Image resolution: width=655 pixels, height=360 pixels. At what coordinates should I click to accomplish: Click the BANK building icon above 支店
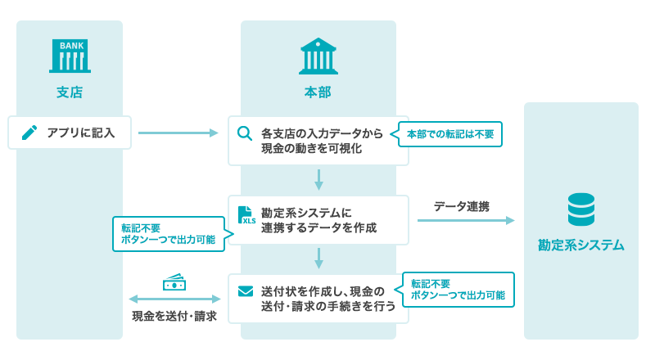point(70,55)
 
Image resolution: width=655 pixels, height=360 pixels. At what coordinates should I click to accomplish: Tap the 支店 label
point(70,92)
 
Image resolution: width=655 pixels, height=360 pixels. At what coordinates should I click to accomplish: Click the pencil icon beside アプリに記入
point(29,133)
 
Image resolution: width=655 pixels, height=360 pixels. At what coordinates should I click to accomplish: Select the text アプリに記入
point(81,133)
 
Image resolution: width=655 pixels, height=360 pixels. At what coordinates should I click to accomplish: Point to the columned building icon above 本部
point(318,56)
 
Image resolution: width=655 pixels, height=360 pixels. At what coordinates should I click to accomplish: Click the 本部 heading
point(318,92)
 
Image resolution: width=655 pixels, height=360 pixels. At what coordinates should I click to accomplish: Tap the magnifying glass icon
point(245,133)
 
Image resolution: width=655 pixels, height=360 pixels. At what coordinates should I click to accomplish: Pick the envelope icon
point(245,291)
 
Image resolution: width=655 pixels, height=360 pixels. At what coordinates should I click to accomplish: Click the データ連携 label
point(462,206)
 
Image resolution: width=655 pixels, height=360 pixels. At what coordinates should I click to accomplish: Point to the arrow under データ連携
point(465,220)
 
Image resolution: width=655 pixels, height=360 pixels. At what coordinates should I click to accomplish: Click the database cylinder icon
point(581,209)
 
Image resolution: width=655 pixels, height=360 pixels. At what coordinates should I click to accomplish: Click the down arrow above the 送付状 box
point(318,259)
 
